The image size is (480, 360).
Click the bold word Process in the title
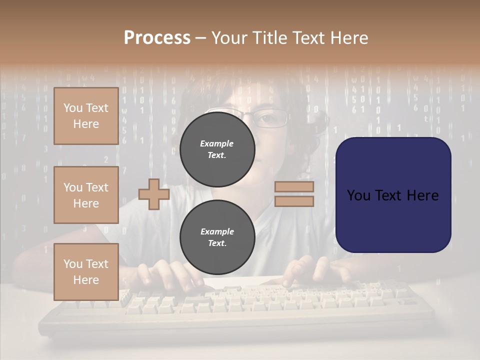point(157,38)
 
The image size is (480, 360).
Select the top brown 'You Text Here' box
point(86,116)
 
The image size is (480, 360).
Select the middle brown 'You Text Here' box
point(86,195)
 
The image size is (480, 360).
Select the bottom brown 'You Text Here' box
point(86,272)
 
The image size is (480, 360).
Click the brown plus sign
point(153,194)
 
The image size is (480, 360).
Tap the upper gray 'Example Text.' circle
point(217,149)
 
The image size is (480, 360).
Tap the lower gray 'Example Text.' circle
point(217,237)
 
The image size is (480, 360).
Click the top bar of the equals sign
point(294,187)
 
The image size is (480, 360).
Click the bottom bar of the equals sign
point(294,201)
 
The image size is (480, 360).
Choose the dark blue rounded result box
point(393,195)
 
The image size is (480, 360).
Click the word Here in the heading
point(348,38)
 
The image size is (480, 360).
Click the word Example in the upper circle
point(217,143)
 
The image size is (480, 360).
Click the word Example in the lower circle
point(217,231)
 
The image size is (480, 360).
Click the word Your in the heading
point(229,38)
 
